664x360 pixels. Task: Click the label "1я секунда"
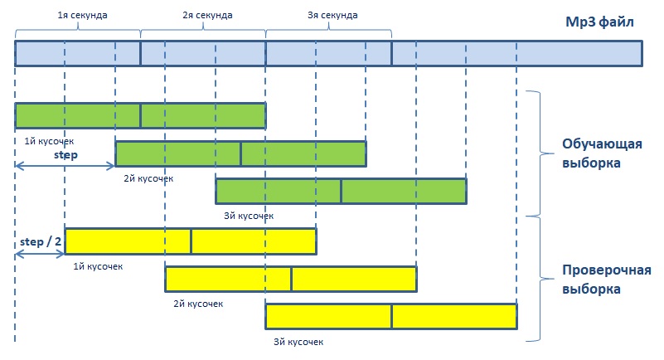point(82,15)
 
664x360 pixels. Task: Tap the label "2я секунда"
point(207,15)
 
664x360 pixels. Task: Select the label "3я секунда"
point(332,15)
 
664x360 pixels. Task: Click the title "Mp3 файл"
point(599,22)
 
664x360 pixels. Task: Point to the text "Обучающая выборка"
point(602,153)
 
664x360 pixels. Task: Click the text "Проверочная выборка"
point(607,280)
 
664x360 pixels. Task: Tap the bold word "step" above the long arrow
point(65,155)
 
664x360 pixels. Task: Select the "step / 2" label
point(41,242)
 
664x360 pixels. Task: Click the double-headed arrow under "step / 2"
point(40,254)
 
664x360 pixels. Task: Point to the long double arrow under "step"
point(65,166)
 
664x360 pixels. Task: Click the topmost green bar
point(141,115)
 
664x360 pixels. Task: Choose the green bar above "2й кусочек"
point(240,153)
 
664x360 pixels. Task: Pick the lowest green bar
point(342,191)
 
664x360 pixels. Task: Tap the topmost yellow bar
point(191,241)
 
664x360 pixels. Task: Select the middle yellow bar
point(291,279)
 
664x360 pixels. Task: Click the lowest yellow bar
point(391,316)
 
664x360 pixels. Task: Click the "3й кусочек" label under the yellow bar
point(298,342)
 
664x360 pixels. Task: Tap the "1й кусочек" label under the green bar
point(49,142)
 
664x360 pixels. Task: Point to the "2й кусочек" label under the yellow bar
point(198,304)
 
